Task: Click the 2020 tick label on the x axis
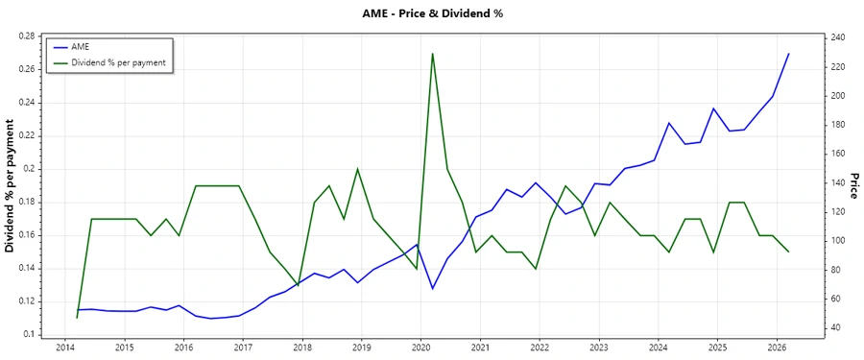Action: click(x=421, y=347)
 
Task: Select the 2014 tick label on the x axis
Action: click(x=65, y=347)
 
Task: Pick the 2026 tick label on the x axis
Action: click(x=777, y=347)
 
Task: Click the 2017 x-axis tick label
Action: click(x=243, y=347)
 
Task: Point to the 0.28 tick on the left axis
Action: click(x=26, y=36)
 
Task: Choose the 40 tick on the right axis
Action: click(x=836, y=328)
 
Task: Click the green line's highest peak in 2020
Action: click(x=433, y=53)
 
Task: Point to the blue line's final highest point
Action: click(x=788, y=54)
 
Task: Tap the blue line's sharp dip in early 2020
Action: click(x=433, y=289)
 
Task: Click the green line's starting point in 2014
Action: click(x=77, y=318)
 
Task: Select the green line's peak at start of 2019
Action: click(x=358, y=169)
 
